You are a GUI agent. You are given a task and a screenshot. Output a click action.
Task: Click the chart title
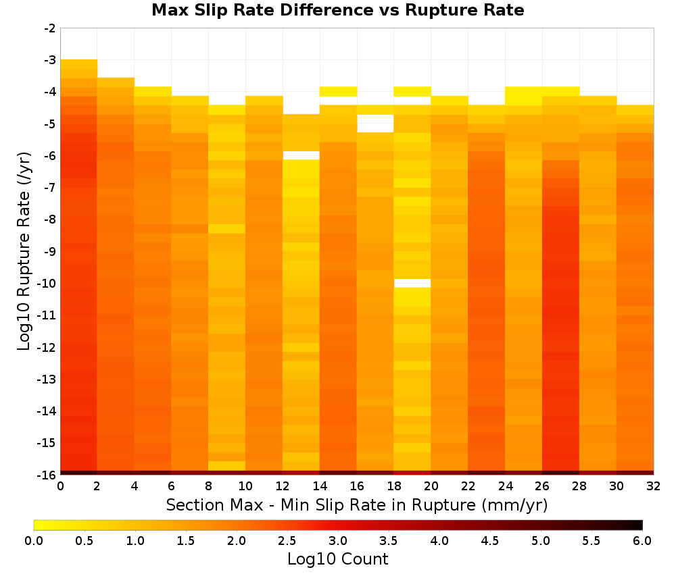tap(337, 10)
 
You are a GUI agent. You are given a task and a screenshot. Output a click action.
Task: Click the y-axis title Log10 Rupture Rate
tap(24, 251)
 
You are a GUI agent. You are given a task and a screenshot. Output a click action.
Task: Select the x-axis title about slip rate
tap(356, 504)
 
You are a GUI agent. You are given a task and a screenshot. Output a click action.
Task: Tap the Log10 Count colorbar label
tap(337, 559)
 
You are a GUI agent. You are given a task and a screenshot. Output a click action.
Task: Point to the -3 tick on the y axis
tap(50, 60)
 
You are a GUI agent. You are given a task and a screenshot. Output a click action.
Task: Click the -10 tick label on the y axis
tap(47, 284)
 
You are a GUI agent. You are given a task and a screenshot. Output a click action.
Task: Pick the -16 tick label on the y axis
tap(47, 475)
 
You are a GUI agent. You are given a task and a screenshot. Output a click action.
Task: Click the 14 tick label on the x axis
tap(320, 486)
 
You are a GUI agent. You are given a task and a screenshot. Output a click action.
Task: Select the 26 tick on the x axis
tap(542, 486)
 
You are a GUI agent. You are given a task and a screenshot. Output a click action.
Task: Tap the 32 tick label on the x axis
tap(653, 486)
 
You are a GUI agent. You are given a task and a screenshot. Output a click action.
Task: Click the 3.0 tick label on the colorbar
tap(338, 540)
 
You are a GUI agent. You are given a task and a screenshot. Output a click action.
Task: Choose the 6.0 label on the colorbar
tap(642, 540)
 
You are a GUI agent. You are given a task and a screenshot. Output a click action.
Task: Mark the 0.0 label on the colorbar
tap(34, 540)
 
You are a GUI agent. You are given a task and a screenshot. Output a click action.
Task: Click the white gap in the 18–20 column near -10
tap(412, 283)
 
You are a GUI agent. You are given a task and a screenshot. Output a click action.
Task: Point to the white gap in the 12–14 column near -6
tap(301, 155)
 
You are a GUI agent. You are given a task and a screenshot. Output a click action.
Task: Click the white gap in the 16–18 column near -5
tap(375, 124)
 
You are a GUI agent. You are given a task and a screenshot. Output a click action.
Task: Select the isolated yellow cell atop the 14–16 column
tap(338, 91)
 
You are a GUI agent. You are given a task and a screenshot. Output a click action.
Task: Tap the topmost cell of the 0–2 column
tap(78, 64)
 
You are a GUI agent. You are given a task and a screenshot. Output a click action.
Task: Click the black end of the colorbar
tap(639, 525)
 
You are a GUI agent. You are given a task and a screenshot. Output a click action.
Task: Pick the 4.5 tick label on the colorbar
tap(489, 540)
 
